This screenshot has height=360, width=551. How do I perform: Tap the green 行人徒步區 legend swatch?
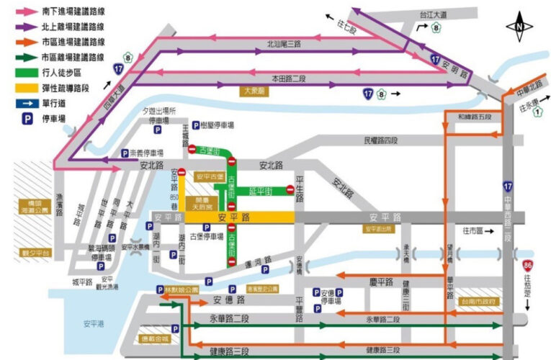tap(24, 72)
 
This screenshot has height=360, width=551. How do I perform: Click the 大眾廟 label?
tap(254, 91)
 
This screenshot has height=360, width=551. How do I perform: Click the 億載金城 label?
tap(154, 338)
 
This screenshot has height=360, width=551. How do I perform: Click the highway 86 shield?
tap(529, 266)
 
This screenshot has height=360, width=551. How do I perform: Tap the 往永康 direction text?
tap(529, 107)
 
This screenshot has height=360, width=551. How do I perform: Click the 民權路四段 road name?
tap(381, 140)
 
